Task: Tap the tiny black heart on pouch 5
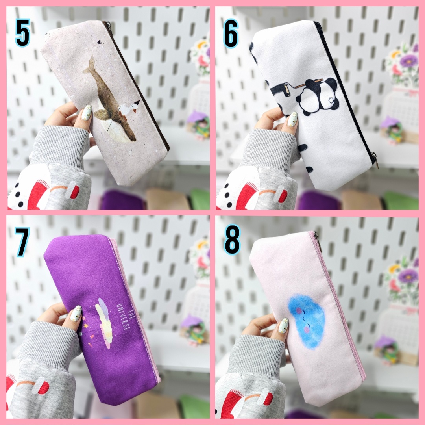pyautogui.click(x=100, y=42)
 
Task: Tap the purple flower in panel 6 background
pyautogui.click(x=408, y=61)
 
